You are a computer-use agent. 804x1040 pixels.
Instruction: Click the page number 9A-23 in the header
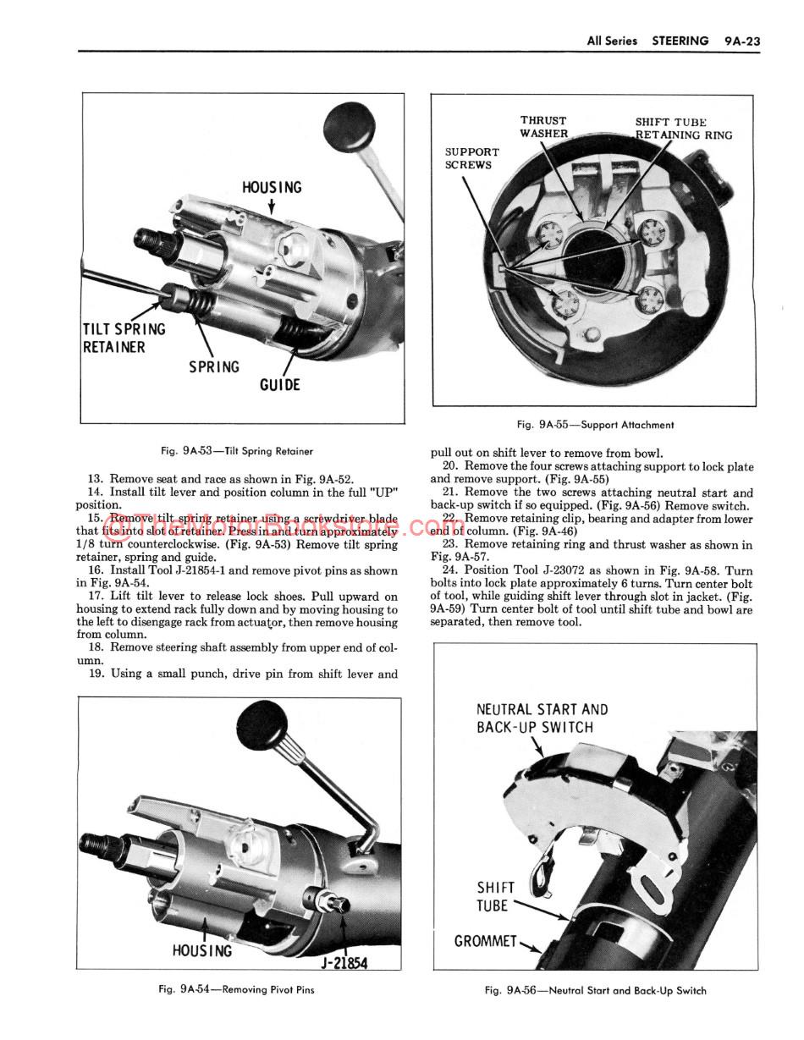[742, 41]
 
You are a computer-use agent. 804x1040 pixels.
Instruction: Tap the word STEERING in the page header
[680, 41]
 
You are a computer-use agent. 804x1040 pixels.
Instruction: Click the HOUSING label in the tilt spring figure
[272, 187]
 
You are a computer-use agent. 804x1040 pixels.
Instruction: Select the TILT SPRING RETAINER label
[124, 338]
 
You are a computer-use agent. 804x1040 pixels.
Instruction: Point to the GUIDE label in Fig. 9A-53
[279, 385]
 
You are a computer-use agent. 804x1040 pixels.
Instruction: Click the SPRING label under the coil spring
[214, 367]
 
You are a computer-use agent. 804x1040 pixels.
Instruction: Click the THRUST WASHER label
[543, 127]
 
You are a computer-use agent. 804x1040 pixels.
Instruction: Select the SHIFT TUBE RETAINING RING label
[684, 129]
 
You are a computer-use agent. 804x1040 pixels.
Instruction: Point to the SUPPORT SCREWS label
[472, 158]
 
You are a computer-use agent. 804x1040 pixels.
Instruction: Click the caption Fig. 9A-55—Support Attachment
[595, 425]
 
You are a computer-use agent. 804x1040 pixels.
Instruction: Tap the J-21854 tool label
[344, 963]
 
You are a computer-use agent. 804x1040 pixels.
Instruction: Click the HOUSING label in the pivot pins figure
[201, 951]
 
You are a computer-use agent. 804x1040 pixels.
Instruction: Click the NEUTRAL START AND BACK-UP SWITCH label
[542, 718]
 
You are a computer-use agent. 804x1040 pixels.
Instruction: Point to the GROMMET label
[485, 941]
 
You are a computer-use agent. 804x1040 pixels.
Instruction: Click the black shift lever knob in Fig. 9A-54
[263, 723]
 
